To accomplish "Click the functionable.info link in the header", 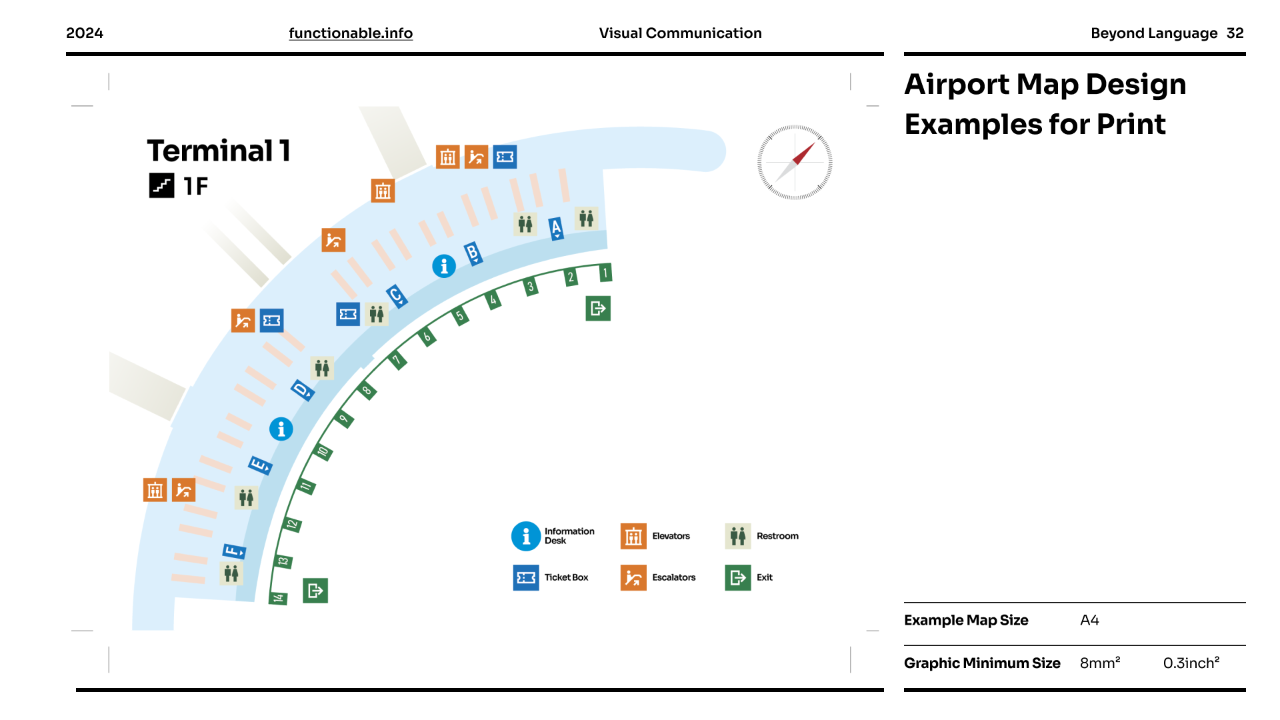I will click(351, 33).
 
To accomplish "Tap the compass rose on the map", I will click(795, 163).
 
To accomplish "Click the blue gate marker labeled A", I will click(556, 229).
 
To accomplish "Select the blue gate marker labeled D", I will click(302, 390).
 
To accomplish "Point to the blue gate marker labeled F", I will click(234, 551).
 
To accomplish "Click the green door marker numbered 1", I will click(605, 273).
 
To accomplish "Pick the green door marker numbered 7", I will click(397, 361).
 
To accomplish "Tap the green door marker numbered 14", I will click(278, 598).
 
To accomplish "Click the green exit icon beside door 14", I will click(315, 591).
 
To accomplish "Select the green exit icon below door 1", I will click(598, 308).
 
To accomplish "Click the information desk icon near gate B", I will click(444, 266).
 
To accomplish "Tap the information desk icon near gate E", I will click(281, 429).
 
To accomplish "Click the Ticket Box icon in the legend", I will click(526, 577).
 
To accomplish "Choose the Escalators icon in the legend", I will click(633, 577).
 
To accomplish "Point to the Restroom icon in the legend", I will click(737, 536).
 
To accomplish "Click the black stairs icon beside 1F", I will click(161, 185).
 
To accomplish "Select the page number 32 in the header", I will click(1235, 33).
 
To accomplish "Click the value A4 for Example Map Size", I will click(1089, 620).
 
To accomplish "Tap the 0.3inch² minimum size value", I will click(1191, 663).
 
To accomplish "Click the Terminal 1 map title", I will click(219, 151).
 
